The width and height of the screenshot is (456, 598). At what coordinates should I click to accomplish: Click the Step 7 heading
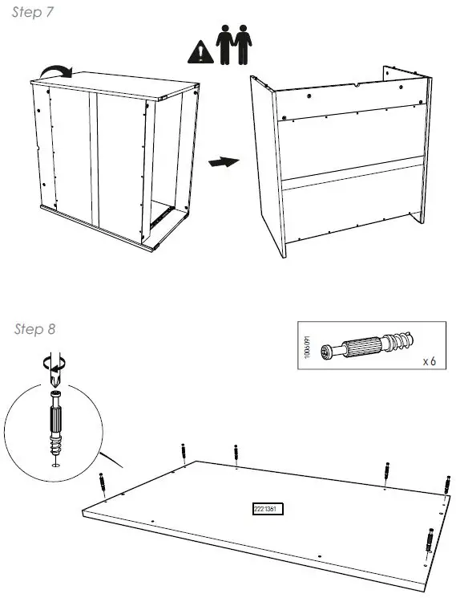click(x=34, y=14)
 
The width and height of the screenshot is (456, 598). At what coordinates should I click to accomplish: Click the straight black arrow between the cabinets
click(x=224, y=162)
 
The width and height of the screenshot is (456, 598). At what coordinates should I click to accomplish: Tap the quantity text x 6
click(x=430, y=362)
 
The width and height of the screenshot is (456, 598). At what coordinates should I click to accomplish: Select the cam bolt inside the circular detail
click(x=54, y=425)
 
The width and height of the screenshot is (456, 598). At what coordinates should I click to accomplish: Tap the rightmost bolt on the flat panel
click(x=446, y=484)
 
